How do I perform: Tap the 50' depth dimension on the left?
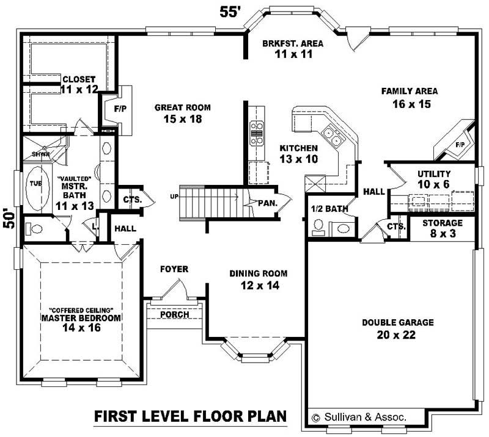[x=8, y=218]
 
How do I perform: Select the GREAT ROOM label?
[x=182, y=107]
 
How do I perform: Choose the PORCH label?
[x=174, y=314]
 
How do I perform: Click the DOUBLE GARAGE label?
[x=397, y=322]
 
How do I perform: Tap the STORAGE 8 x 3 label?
[x=442, y=223]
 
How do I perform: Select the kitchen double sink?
[x=333, y=136]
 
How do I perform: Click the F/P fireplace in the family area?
[x=455, y=140]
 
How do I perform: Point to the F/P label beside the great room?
[x=120, y=110]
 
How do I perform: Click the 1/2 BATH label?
[x=329, y=209]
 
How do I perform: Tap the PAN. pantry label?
[x=267, y=203]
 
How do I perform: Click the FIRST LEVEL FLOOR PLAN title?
[x=190, y=417]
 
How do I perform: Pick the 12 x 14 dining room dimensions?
[x=258, y=285]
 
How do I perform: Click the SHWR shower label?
[x=32, y=154]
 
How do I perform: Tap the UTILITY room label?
[x=434, y=174]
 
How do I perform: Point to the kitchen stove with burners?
[x=256, y=133]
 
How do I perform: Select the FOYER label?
[x=174, y=269]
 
